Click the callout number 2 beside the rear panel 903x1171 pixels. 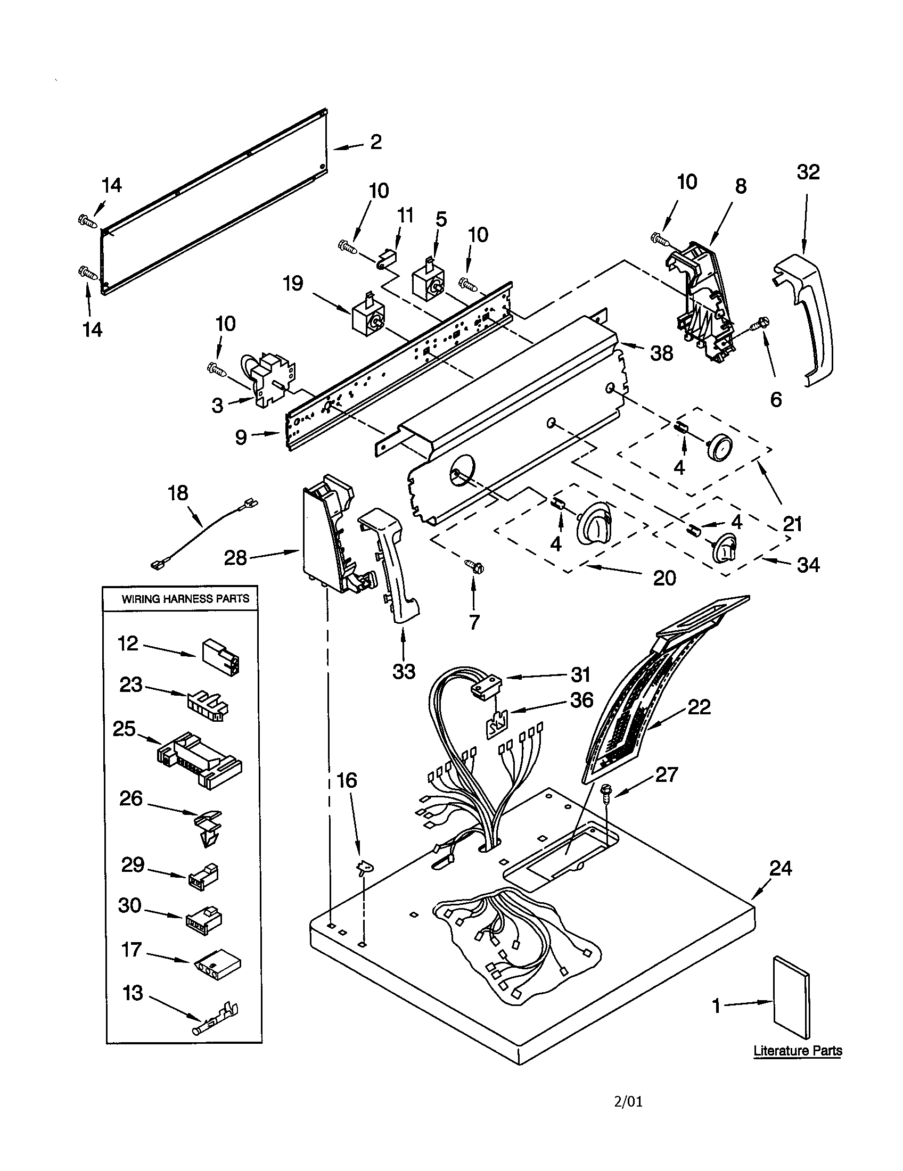tap(376, 142)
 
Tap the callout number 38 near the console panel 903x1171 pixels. tap(661, 353)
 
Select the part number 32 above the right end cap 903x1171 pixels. tap(808, 172)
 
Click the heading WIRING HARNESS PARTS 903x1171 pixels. tap(185, 599)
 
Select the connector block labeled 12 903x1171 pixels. tap(220, 657)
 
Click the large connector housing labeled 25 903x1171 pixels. tap(199, 760)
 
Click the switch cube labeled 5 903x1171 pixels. tap(429, 282)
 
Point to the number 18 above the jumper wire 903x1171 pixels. tap(178, 493)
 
